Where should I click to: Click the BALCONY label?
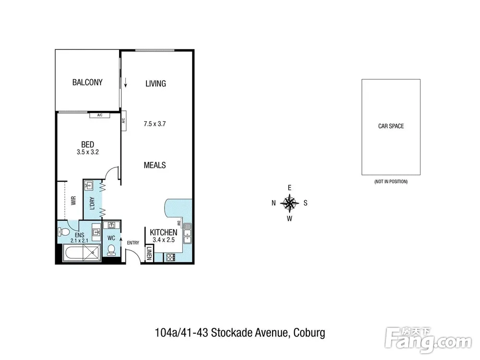(87, 83)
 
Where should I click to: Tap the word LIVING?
(156, 84)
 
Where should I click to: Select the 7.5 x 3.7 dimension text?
(155, 124)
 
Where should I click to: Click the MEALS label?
(155, 165)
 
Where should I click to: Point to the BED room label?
(87, 144)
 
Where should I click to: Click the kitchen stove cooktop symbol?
(170, 257)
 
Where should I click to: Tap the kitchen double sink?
(187, 234)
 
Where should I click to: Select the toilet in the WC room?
(111, 250)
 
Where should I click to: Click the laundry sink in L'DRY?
(89, 186)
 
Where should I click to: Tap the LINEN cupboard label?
(149, 253)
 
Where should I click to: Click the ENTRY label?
(133, 243)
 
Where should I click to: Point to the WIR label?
(73, 201)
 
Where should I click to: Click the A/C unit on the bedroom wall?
(99, 115)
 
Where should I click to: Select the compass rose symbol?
(289, 203)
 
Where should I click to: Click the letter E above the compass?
(289, 188)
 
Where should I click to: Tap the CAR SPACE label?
(391, 126)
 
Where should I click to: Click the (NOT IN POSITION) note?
(391, 181)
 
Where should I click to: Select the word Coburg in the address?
(309, 333)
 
